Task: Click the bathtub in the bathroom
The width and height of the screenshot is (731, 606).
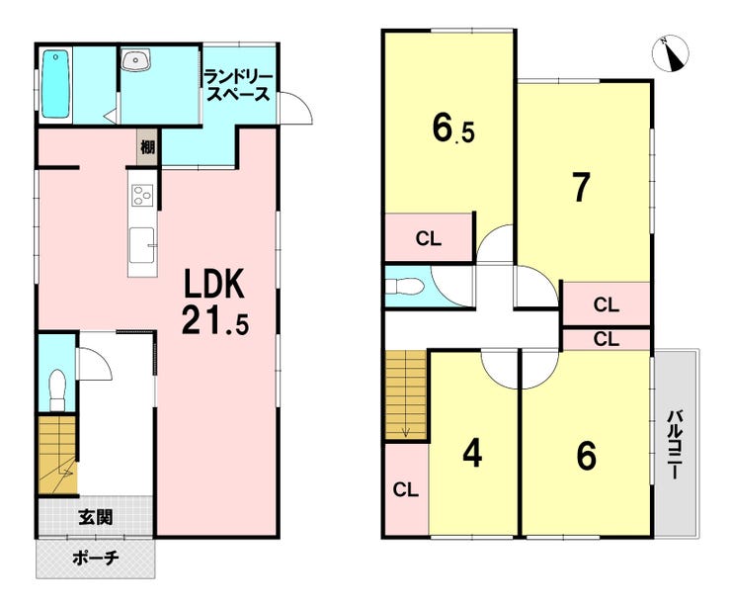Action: (x=55, y=84)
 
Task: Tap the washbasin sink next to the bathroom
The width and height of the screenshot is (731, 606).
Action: (x=135, y=59)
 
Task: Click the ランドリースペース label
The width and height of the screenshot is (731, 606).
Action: (x=238, y=85)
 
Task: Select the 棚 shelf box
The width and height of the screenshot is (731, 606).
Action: (x=148, y=147)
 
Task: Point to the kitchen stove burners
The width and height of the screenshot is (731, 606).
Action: (x=142, y=196)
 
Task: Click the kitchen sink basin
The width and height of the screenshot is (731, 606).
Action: (x=142, y=245)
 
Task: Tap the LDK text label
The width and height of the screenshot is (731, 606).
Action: (x=215, y=285)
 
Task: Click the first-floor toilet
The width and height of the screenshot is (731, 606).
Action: (x=57, y=390)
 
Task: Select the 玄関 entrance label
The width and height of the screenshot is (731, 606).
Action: (x=95, y=516)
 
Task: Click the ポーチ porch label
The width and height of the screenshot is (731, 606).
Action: (x=96, y=558)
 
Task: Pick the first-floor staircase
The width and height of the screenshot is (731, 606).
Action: (x=57, y=455)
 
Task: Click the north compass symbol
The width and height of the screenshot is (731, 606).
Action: (x=671, y=54)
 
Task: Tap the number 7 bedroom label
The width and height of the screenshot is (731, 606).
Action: (x=582, y=187)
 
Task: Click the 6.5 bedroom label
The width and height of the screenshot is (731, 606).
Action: (x=453, y=128)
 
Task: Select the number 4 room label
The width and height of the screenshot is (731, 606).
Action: (x=472, y=455)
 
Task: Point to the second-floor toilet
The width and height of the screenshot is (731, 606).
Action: (x=405, y=286)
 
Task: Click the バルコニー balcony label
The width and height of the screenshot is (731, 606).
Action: (x=675, y=445)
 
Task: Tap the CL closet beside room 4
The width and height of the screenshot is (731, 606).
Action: (x=406, y=489)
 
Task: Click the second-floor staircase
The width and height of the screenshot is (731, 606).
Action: (x=406, y=394)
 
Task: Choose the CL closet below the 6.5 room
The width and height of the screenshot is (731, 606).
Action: (x=429, y=238)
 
